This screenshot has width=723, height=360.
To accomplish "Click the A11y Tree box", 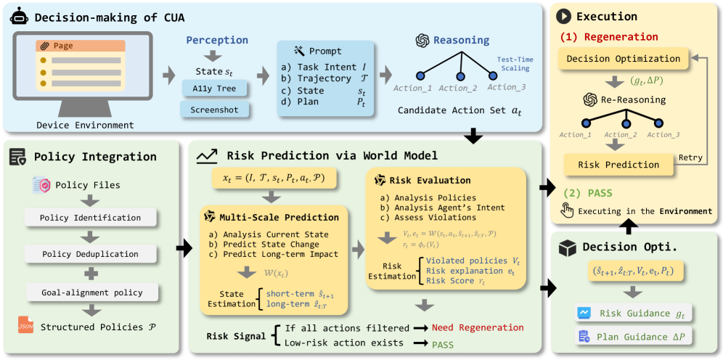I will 215,89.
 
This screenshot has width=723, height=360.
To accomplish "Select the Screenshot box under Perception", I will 215,110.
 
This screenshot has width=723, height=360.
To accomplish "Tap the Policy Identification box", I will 91,218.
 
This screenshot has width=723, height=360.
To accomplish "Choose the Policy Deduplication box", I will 91,254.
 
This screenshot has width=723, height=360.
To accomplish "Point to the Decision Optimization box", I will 623,59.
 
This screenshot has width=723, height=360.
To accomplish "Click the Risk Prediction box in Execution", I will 618,165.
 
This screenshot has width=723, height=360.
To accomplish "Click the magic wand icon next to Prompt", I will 298,51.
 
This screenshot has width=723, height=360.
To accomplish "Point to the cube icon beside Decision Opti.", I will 567,247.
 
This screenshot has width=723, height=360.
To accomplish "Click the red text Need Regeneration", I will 478,327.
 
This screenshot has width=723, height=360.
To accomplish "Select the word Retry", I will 689,157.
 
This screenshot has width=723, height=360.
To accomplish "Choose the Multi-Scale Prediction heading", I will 279,217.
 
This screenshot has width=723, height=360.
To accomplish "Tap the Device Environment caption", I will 86,126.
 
